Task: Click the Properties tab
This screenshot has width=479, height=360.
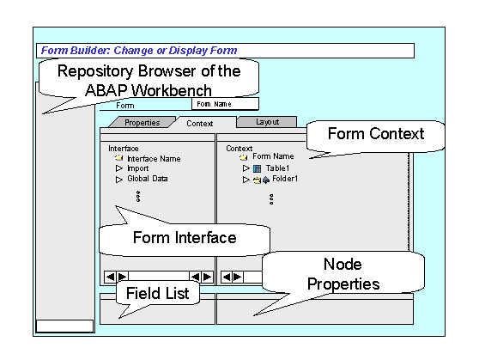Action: (142, 122)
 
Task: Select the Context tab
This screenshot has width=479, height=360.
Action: (199, 123)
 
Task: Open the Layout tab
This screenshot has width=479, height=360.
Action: (267, 122)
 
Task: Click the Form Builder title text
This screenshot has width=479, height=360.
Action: (139, 51)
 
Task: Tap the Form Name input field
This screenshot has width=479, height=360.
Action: (225, 104)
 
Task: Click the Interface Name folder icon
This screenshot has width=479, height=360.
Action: (119, 158)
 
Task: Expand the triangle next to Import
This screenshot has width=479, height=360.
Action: (118, 168)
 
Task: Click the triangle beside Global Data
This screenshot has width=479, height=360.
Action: (118, 180)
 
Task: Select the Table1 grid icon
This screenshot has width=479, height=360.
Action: (258, 168)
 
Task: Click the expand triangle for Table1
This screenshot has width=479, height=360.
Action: (246, 168)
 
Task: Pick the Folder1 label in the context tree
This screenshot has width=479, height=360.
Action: (285, 179)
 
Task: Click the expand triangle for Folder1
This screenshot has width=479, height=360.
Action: (246, 180)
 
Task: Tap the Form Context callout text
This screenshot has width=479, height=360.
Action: (376, 134)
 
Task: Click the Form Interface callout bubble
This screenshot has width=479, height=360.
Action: (185, 238)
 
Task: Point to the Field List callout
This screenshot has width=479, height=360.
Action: (158, 293)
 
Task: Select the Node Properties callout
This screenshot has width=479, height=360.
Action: (343, 274)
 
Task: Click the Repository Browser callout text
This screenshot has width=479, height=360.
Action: (149, 81)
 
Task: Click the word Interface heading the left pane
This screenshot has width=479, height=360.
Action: (124, 149)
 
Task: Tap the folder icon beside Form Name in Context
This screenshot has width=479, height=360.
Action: (244, 157)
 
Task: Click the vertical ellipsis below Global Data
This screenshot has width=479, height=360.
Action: (138, 197)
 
